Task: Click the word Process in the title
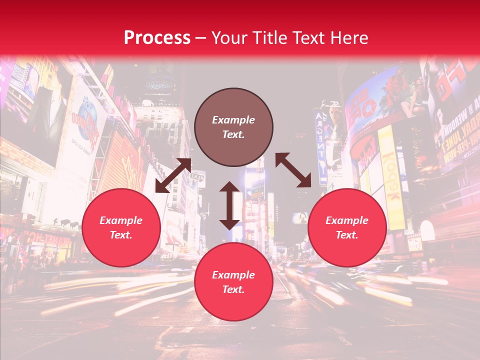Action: click(157, 37)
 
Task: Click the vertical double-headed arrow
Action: click(229, 205)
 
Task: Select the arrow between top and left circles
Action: click(173, 175)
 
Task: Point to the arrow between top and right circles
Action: click(293, 170)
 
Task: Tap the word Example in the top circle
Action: click(233, 120)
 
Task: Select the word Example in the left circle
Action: click(121, 220)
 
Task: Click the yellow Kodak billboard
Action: click(391, 175)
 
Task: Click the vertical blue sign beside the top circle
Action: click(320, 145)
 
